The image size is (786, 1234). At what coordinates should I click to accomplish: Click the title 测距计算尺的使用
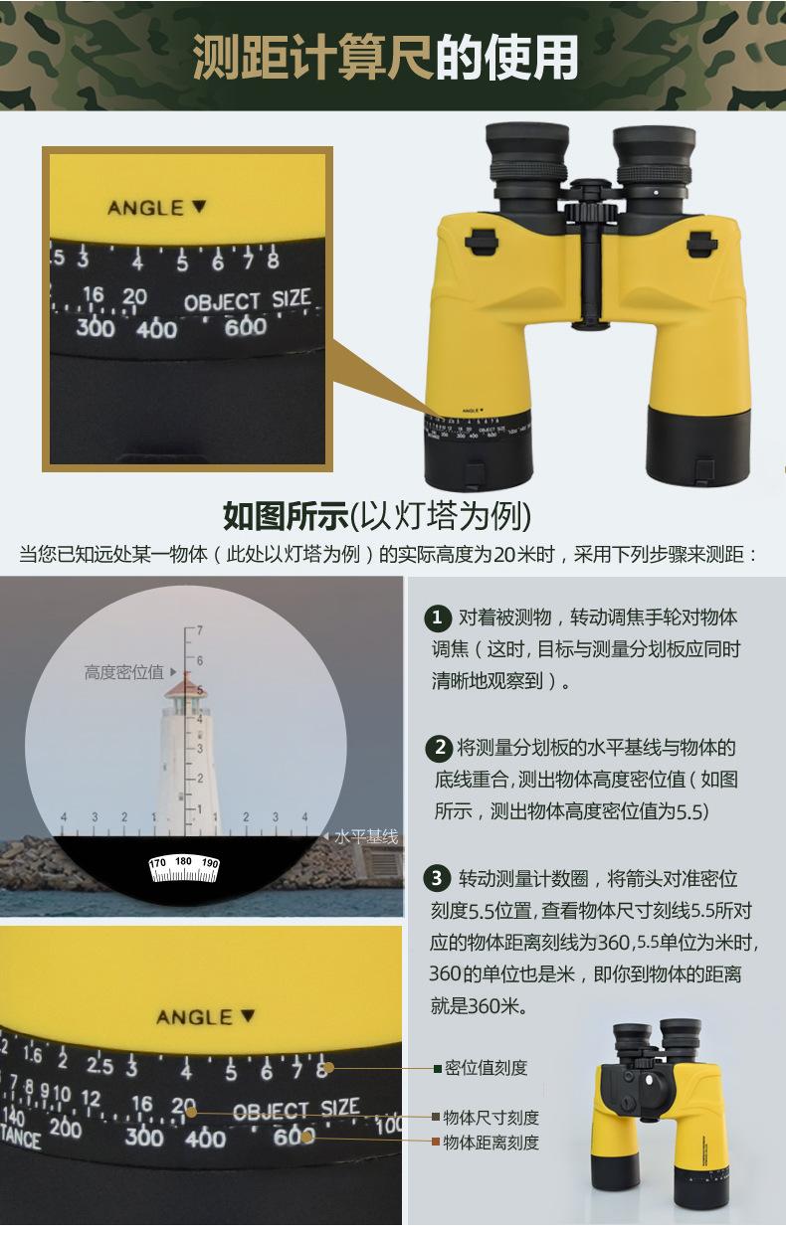385,58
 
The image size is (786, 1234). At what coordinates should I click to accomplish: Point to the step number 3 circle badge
438,878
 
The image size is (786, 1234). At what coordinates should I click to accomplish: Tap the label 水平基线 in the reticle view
366,837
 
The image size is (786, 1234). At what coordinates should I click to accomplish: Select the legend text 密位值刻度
486,1068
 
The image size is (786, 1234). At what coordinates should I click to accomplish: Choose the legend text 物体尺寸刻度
491,1118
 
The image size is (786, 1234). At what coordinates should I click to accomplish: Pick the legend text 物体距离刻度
491,1143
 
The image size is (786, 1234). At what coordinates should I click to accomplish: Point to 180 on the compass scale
183,861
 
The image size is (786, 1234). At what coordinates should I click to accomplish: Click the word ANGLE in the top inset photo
145,208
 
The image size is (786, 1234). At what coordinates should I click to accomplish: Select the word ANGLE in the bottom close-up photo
194,1017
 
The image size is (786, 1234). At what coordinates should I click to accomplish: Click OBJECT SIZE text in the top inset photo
247,301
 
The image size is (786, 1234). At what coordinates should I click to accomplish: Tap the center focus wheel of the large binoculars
587,214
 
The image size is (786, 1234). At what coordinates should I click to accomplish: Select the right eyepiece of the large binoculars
654,159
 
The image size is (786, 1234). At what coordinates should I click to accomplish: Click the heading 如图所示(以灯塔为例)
377,516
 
